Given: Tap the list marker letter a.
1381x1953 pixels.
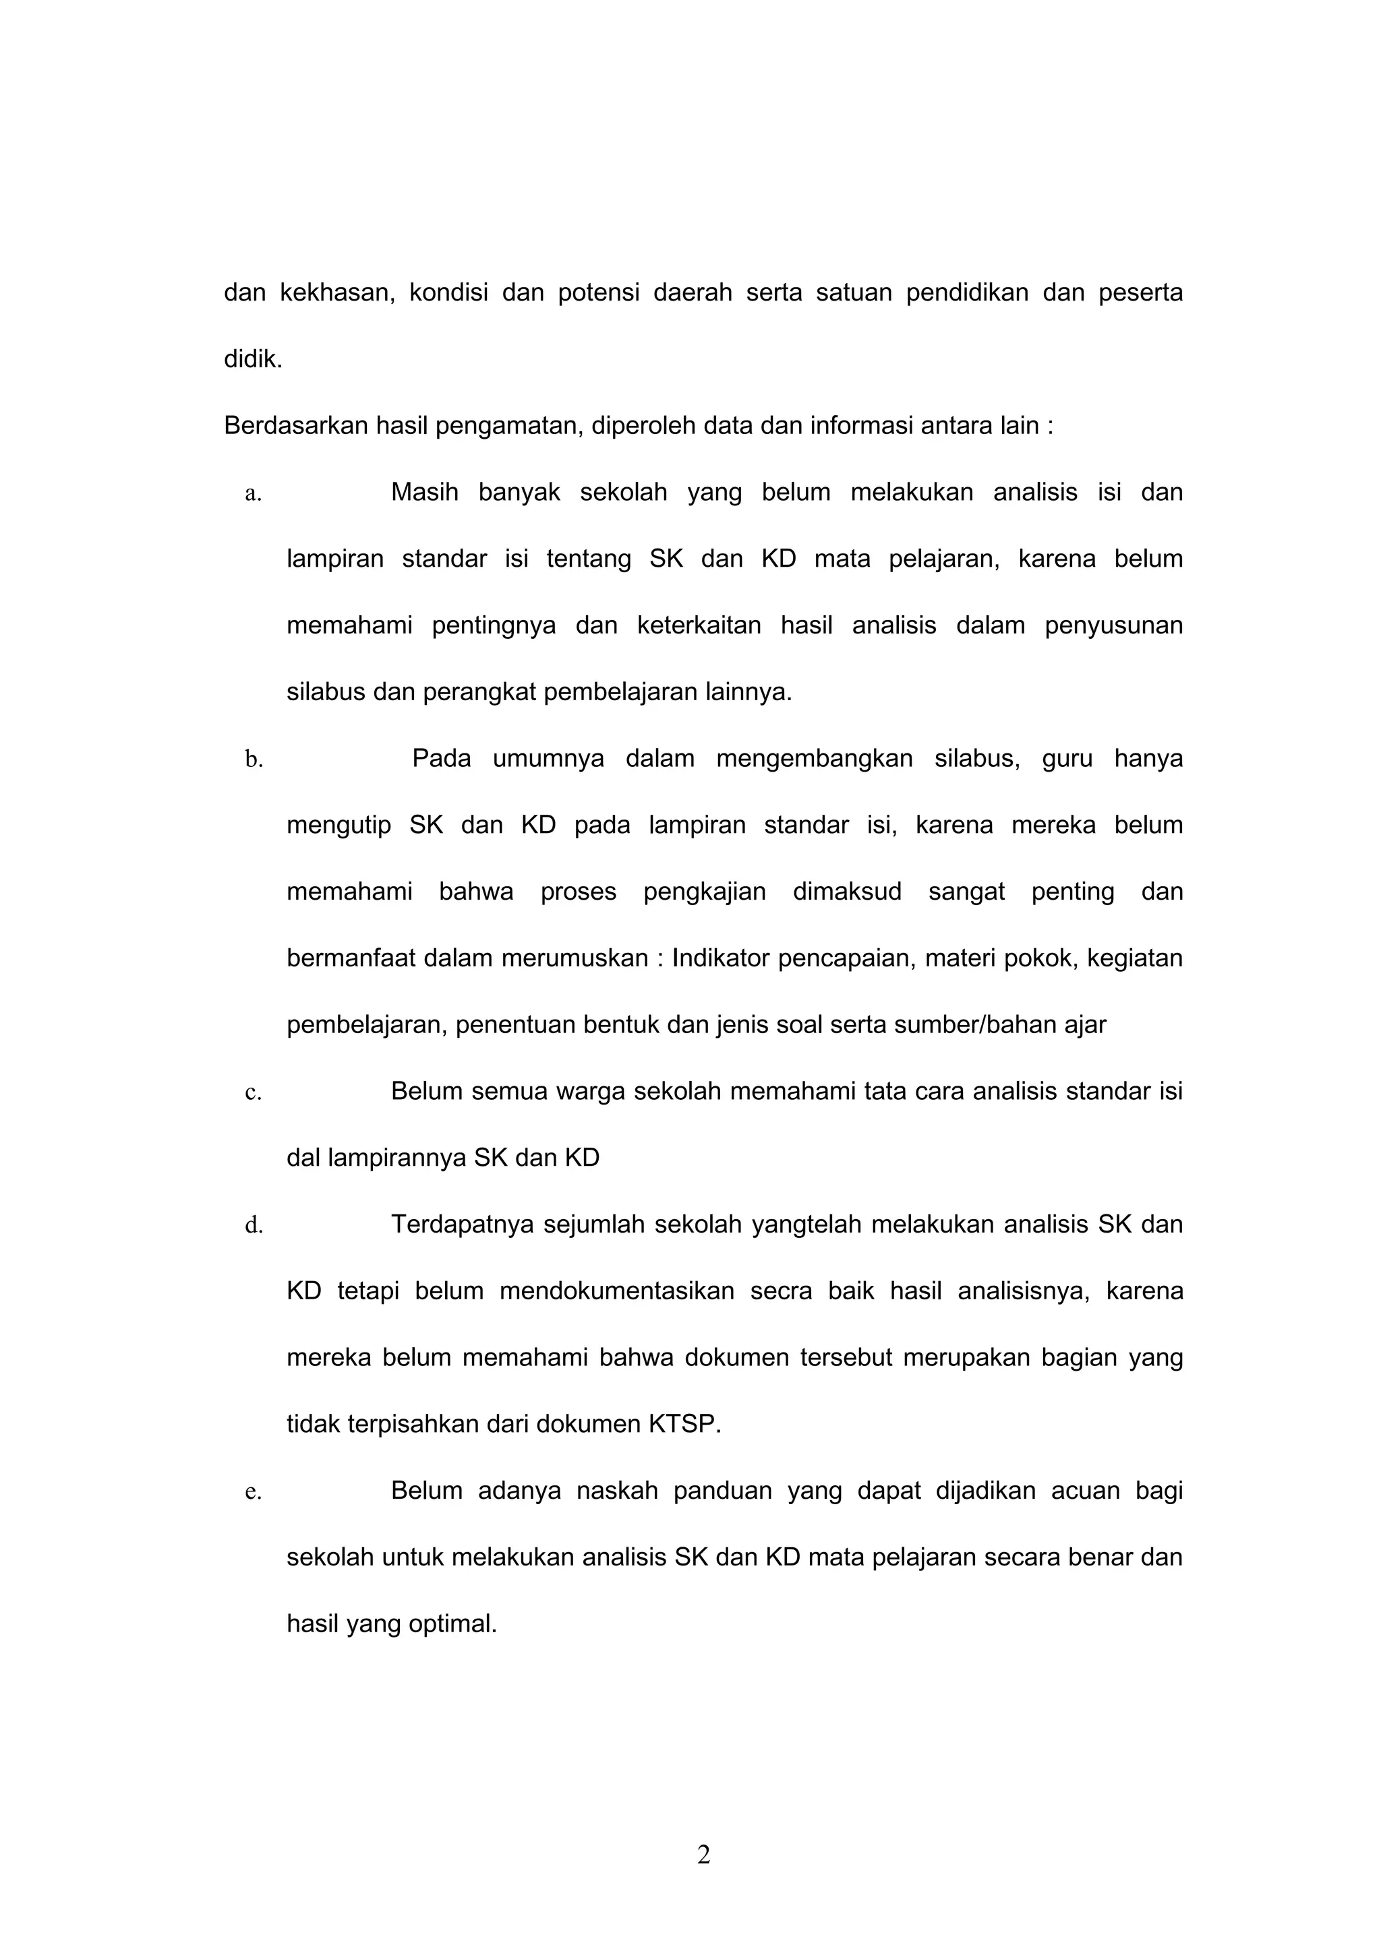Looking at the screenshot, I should pos(253,493).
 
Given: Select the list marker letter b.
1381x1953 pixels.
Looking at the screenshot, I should pos(254,759).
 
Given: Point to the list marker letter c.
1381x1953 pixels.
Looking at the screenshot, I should pos(253,1092).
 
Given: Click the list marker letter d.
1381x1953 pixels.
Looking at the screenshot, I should pos(254,1225).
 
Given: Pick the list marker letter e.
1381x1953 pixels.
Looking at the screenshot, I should pos(253,1492).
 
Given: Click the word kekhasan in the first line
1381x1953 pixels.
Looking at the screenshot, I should pos(337,292).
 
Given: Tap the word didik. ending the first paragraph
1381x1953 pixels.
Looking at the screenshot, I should pos(253,359).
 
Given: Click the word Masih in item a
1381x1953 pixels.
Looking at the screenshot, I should pos(423,493).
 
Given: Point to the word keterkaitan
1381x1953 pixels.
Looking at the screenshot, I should pos(699,626).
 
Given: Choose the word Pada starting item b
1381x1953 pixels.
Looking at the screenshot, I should pos(442,758).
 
